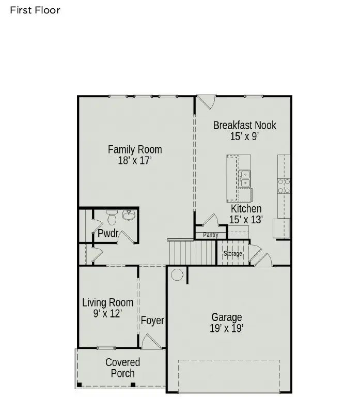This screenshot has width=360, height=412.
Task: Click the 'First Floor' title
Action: [x=35, y=10]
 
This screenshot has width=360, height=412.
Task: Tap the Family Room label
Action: [x=134, y=149]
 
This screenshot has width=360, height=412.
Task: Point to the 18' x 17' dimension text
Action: [x=134, y=160]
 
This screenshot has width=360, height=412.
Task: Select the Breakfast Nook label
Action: [x=244, y=125]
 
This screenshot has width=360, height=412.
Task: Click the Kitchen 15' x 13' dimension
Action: [x=246, y=220]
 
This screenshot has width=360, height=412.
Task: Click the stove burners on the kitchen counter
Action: [x=284, y=186]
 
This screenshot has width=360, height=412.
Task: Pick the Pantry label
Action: [x=211, y=235]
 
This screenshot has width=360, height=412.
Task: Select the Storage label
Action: [x=232, y=254]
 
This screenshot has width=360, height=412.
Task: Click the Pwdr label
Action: [x=108, y=233]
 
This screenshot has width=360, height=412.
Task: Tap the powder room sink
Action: [x=128, y=216]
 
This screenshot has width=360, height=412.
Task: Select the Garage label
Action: [x=226, y=317]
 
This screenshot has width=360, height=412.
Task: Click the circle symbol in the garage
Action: [x=177, y=274]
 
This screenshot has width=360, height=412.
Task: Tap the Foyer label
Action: [x=152, y=321]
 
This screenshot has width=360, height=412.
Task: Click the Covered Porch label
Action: [x=122, y=368]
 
